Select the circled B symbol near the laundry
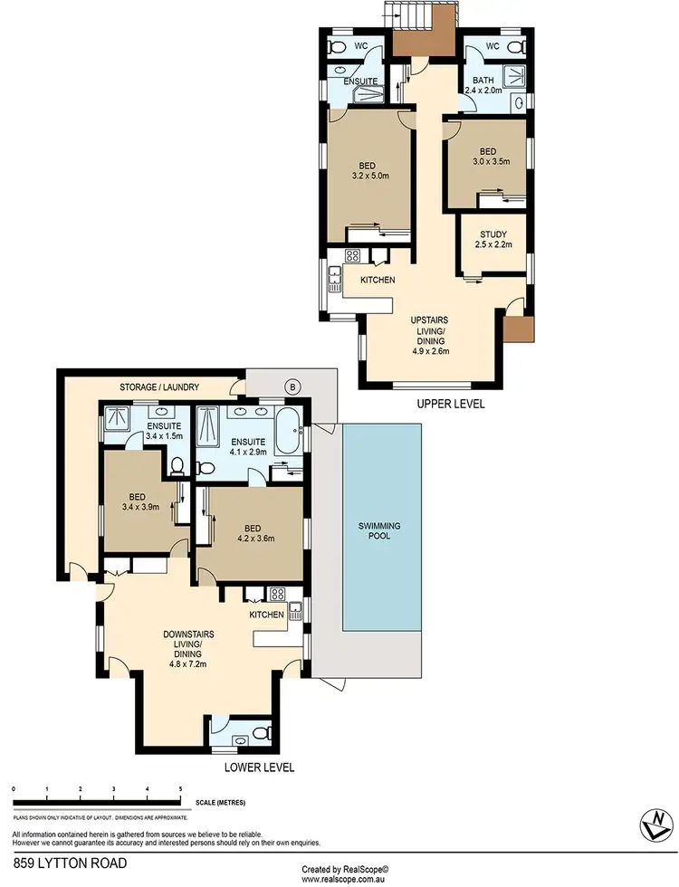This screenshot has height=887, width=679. [292, 386]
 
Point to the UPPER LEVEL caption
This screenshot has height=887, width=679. [450, 404]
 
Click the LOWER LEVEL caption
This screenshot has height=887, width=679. [259, 767]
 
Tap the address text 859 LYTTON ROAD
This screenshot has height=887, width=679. [70, 863]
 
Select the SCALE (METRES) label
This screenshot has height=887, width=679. [220, 802]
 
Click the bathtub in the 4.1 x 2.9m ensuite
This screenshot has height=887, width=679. [291, 431]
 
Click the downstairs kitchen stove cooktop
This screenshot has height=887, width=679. [277, 594]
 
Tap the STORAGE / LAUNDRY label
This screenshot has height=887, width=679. [159, 387]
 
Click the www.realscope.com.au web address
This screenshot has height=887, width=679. [345, 878]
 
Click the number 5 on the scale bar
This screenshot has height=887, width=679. [181, 789]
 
